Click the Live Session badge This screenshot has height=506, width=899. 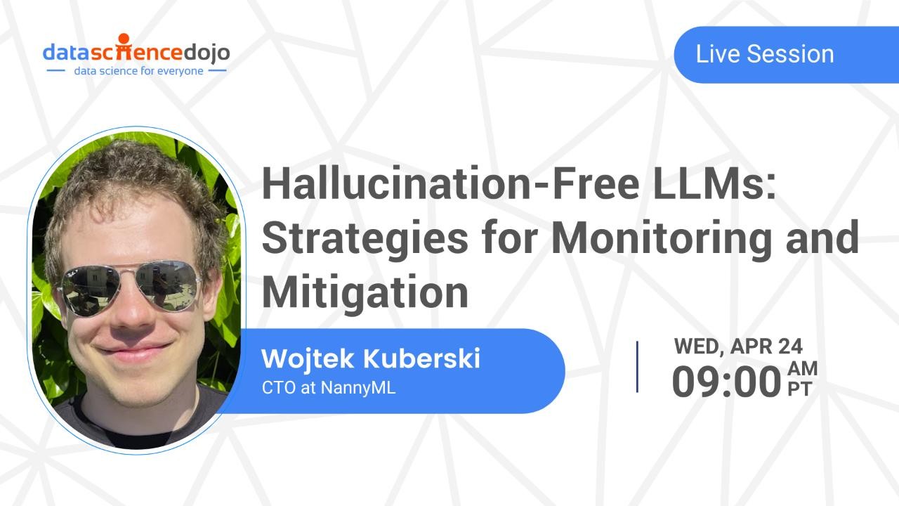click(765, 55)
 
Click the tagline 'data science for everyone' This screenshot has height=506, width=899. click(139, 71)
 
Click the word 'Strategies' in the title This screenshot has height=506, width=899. click(365, 238)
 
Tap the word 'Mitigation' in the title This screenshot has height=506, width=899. click(365, 292)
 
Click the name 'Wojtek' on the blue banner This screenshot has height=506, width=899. click(308, 358)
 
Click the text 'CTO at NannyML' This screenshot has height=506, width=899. click(329, 387)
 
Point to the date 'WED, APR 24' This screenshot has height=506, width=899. click(738, 346)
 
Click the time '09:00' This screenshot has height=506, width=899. click(726, 382)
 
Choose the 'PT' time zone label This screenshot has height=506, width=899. click(799, 389)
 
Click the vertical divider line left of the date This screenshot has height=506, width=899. click(638, 366)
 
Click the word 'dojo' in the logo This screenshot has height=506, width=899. click(206, 53)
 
